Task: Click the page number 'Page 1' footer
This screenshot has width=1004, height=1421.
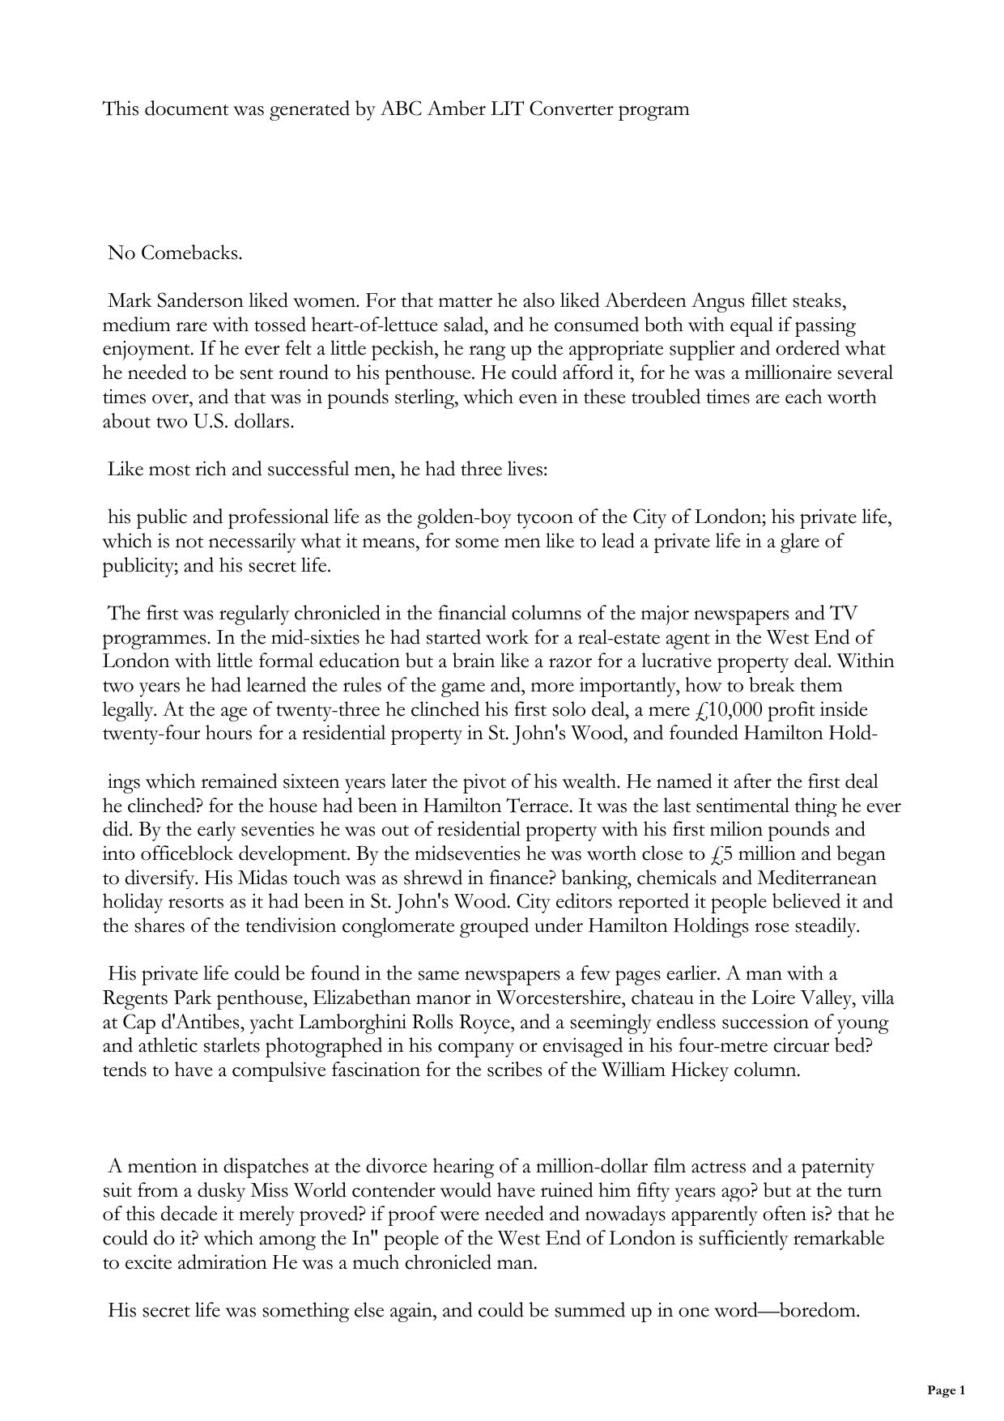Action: [946, 1390]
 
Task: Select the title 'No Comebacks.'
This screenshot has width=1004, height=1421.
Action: [175, 253]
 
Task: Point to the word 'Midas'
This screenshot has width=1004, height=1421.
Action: [263, 878]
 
